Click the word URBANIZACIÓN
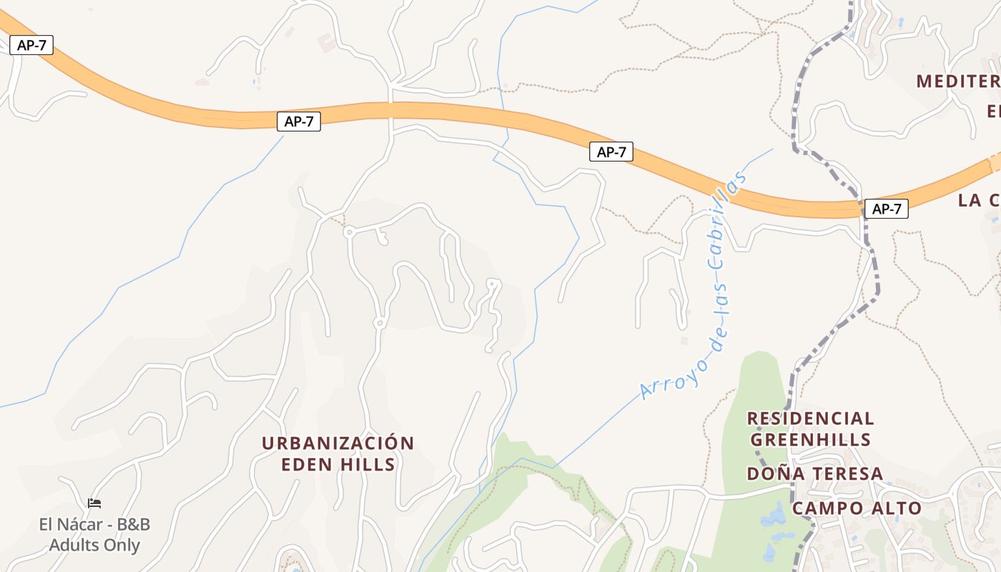point(337,443)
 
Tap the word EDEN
point(307,465)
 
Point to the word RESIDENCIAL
point(810,418)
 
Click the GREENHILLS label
point(810,439)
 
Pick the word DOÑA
point(771,474)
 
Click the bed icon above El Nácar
point(94,503)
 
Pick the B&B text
point(134,525)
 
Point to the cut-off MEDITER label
point(958,81)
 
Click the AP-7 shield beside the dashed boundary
point(886,209)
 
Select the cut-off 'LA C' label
point(979,200)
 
